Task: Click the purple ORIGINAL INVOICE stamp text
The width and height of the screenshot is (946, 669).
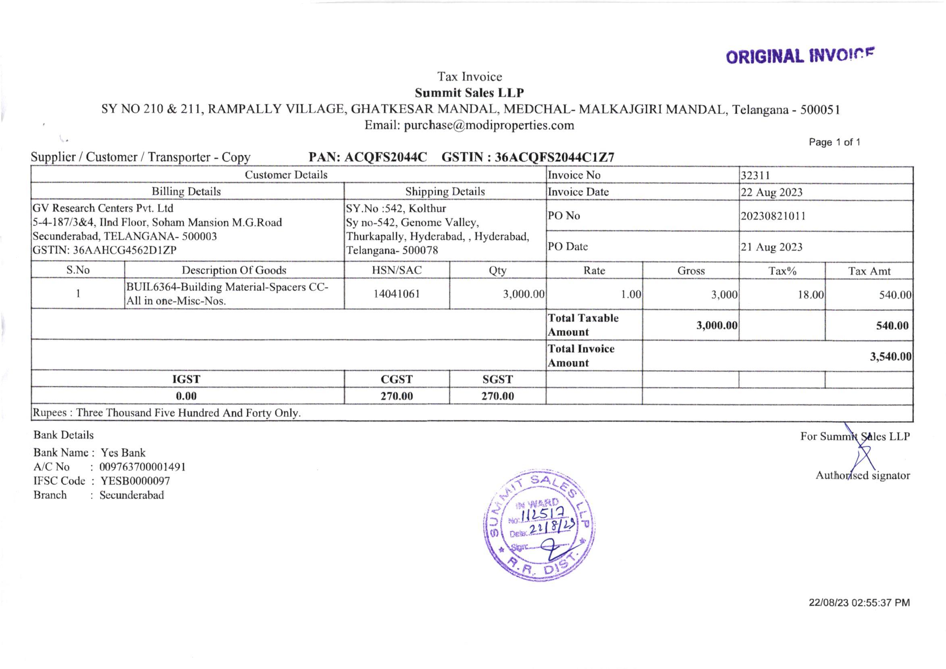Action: pos(800,56)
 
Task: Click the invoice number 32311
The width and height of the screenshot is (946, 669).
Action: pos(755,175)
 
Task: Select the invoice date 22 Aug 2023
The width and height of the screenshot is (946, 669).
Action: pos(772,192)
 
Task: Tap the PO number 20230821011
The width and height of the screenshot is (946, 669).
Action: pos(773,216)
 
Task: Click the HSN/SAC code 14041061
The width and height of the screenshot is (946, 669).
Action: pos(396,294)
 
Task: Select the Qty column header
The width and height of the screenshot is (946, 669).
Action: pos(497,270)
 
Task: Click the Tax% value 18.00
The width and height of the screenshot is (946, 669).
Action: pos(810,295)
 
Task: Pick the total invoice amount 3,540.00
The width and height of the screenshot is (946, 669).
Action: pos(890,356)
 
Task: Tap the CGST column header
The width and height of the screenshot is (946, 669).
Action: pos(396,379)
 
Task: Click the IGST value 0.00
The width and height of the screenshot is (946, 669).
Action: pos(186,396)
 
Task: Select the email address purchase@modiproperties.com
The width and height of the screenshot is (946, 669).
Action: pos(489,125)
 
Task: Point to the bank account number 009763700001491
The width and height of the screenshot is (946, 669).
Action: pos(143,467)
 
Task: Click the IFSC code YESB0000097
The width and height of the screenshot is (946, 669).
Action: pos(135,481)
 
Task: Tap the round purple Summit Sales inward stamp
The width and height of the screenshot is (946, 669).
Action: pos(540,525)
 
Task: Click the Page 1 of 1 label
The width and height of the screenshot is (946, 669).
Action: pos(834,143)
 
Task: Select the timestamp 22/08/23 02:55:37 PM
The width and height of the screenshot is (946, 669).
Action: pos(859,603)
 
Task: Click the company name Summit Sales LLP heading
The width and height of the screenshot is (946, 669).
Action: pos(469,93)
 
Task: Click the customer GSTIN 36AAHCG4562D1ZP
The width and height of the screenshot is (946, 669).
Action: pos(125,250)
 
